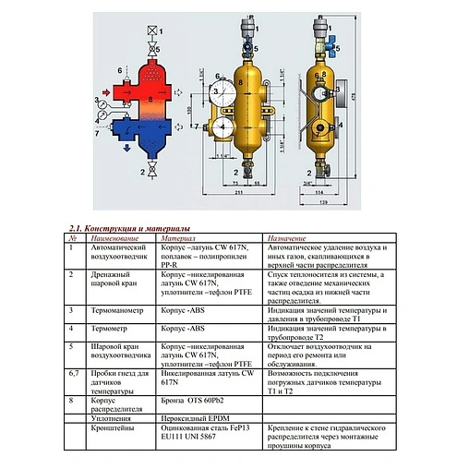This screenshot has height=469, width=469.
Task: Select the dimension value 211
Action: click(238, 198)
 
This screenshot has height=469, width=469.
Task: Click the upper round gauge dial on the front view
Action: click(222, 93)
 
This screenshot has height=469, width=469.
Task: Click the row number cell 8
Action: click(72, 401)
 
